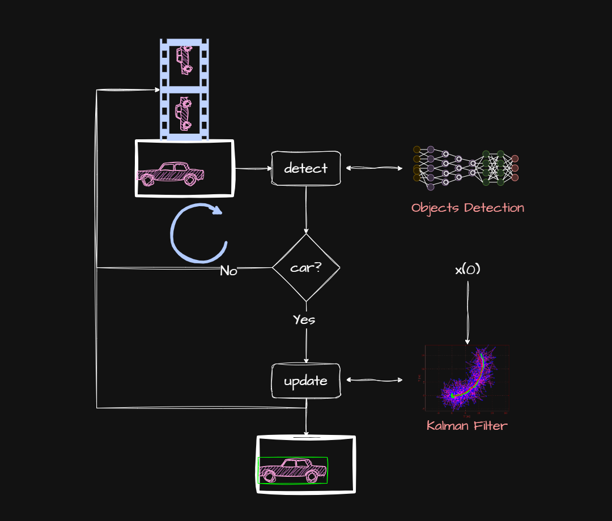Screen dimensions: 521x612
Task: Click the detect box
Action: (306, 168)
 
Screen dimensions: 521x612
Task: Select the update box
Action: (306, 381)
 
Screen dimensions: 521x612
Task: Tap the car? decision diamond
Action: (306, 267)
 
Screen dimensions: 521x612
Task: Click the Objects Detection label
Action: (467, 208)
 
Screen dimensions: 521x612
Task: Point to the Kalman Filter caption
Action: (467, 425)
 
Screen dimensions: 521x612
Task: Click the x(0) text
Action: (467, 270)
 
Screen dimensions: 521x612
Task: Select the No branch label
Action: (228, 271)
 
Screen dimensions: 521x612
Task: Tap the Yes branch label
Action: (304, 320)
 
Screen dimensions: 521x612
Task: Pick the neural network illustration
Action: (466, 168)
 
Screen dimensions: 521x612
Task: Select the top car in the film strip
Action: (184, 59)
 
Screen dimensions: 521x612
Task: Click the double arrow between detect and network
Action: (374, 168)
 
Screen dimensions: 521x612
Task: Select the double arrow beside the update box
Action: (374, 380)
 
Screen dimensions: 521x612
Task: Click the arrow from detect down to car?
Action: (306, 210)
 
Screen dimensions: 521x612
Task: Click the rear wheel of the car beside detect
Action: (148, 180)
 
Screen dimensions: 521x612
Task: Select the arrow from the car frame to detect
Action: (253, 168)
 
